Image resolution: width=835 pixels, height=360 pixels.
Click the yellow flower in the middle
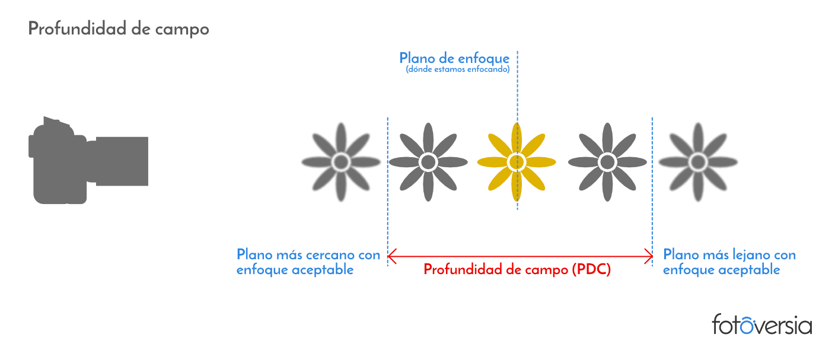click(x=517, y=162)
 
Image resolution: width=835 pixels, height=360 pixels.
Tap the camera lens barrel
click(x=122, y=161)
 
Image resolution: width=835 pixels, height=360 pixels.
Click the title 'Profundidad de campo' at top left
click(x=119, y=29)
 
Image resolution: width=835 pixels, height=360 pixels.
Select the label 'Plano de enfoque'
click(x=454, y=59)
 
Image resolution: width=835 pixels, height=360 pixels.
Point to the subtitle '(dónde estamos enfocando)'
click(x=457, y=69)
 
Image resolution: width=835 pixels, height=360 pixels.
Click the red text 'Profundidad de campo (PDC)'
click(x=517, y=269)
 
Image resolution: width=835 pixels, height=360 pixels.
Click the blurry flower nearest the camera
click(x=341, y=162)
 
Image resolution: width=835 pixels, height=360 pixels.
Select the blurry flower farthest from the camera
click(x=698, y=162)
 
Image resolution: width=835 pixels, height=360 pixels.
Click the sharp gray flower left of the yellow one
click(x=428, y=162)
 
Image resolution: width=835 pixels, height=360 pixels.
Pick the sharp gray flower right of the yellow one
click(x=608, y=162)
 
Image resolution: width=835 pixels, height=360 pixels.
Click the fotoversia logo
click(x=762, y=324)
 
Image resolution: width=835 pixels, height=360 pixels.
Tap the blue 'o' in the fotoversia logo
click(x=747, y=326)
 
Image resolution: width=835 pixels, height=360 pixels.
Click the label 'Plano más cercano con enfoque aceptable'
click(x=308, y=262)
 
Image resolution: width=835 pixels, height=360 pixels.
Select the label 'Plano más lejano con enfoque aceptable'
click(x=729, y=262)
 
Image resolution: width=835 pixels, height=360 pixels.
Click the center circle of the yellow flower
click(x=517, y=162)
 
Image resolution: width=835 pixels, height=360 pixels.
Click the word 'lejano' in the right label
click(x=751, y=255)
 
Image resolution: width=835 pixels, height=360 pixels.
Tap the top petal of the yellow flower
click(x=517, y=137)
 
